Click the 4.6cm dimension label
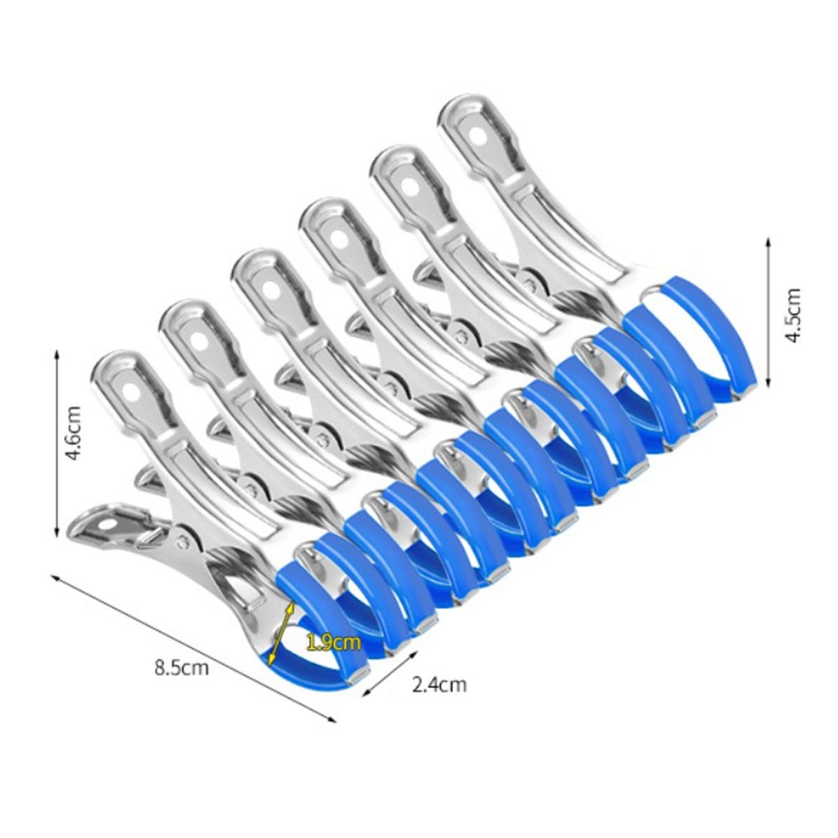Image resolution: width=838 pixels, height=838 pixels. pyautogui.click(x=74, y=434)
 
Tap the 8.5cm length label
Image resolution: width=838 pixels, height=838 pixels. pyautogui.click(x=181, y=668)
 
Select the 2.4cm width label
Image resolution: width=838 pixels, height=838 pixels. pyautogui.click(x=440, y=685)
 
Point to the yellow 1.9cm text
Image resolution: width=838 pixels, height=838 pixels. pyautogui.click(x=333, y=643)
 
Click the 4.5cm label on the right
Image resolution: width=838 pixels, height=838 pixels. pyautogui.click(x=792, y=314)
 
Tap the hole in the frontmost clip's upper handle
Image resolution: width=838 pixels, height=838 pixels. pyautogui.click(x=131, y=390)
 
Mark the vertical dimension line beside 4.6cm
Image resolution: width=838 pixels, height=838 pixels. pyautogui.click(x=56, y=444)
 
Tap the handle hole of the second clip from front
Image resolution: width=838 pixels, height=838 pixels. pyautogui.click(x=201, y=340)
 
